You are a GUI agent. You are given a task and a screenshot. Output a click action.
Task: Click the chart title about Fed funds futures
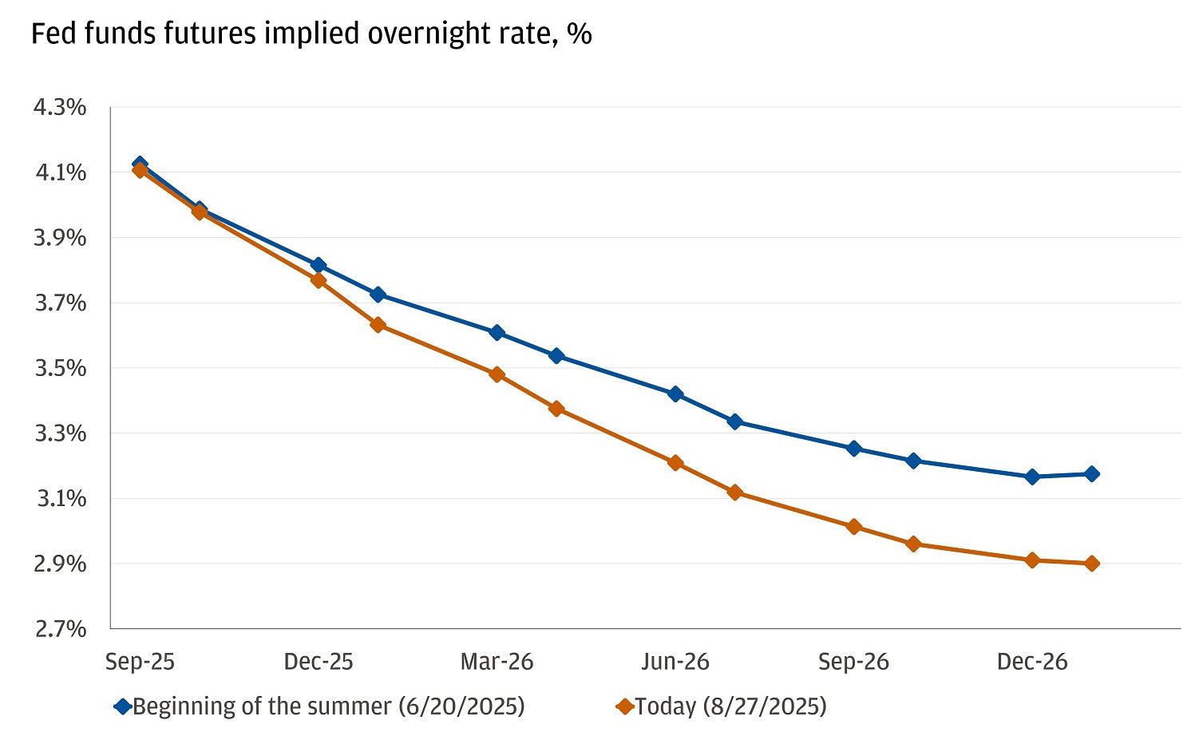(x=311, y=34)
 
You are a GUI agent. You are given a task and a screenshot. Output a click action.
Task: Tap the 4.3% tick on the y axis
(x=59, y=107)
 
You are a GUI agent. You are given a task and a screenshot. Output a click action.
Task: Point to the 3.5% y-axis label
(x=59, y=368)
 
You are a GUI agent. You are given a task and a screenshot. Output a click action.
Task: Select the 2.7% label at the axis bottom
(x=59, y=629)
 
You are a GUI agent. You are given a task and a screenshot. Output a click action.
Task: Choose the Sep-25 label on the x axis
(x=140, y=662)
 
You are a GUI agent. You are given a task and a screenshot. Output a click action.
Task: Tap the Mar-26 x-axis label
(x=497, y=662)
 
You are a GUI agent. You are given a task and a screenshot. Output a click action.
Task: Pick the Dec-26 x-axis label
(x=1032, y=662)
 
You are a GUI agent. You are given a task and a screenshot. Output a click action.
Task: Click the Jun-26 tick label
(x=675, y=662)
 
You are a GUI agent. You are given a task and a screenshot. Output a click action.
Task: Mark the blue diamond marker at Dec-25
(x=319, y=265)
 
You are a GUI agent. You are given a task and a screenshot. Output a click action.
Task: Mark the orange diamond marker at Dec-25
(x=319, y=280)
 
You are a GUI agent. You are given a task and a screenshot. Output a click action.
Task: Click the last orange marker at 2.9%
(x=1091, y=564)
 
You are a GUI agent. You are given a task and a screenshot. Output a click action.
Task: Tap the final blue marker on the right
(x=1091, y=474)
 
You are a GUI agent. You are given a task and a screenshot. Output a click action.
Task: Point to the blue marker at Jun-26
(x=675, y=394)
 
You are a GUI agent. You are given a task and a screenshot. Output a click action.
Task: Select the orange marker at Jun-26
(x=675, y=463)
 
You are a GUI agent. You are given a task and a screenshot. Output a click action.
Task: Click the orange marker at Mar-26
(x=497, y=374)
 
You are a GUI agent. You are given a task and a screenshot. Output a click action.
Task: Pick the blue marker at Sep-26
(x=854, y=449)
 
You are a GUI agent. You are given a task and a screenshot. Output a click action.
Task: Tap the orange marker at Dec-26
(x=1032, y=560)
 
